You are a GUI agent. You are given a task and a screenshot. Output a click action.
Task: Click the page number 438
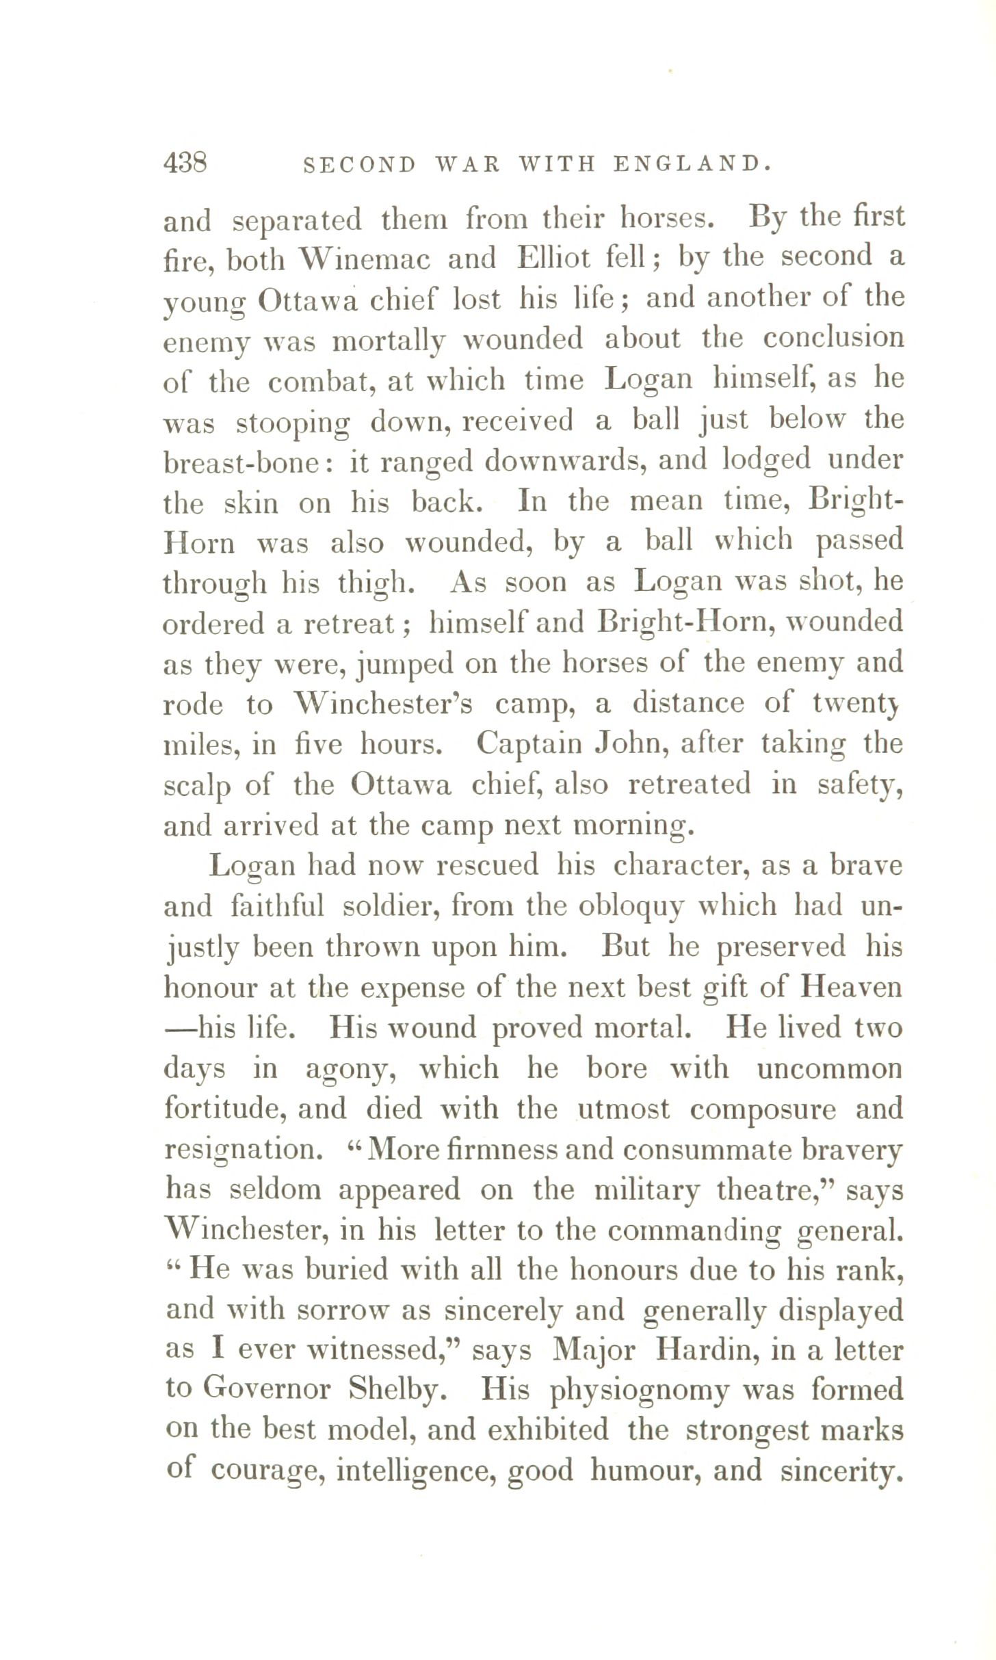point(185,164)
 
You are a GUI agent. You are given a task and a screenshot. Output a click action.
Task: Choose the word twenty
point(854,704)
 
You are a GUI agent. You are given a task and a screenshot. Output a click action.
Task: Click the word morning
point(633,826)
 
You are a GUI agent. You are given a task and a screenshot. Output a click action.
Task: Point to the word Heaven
point(852,987)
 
